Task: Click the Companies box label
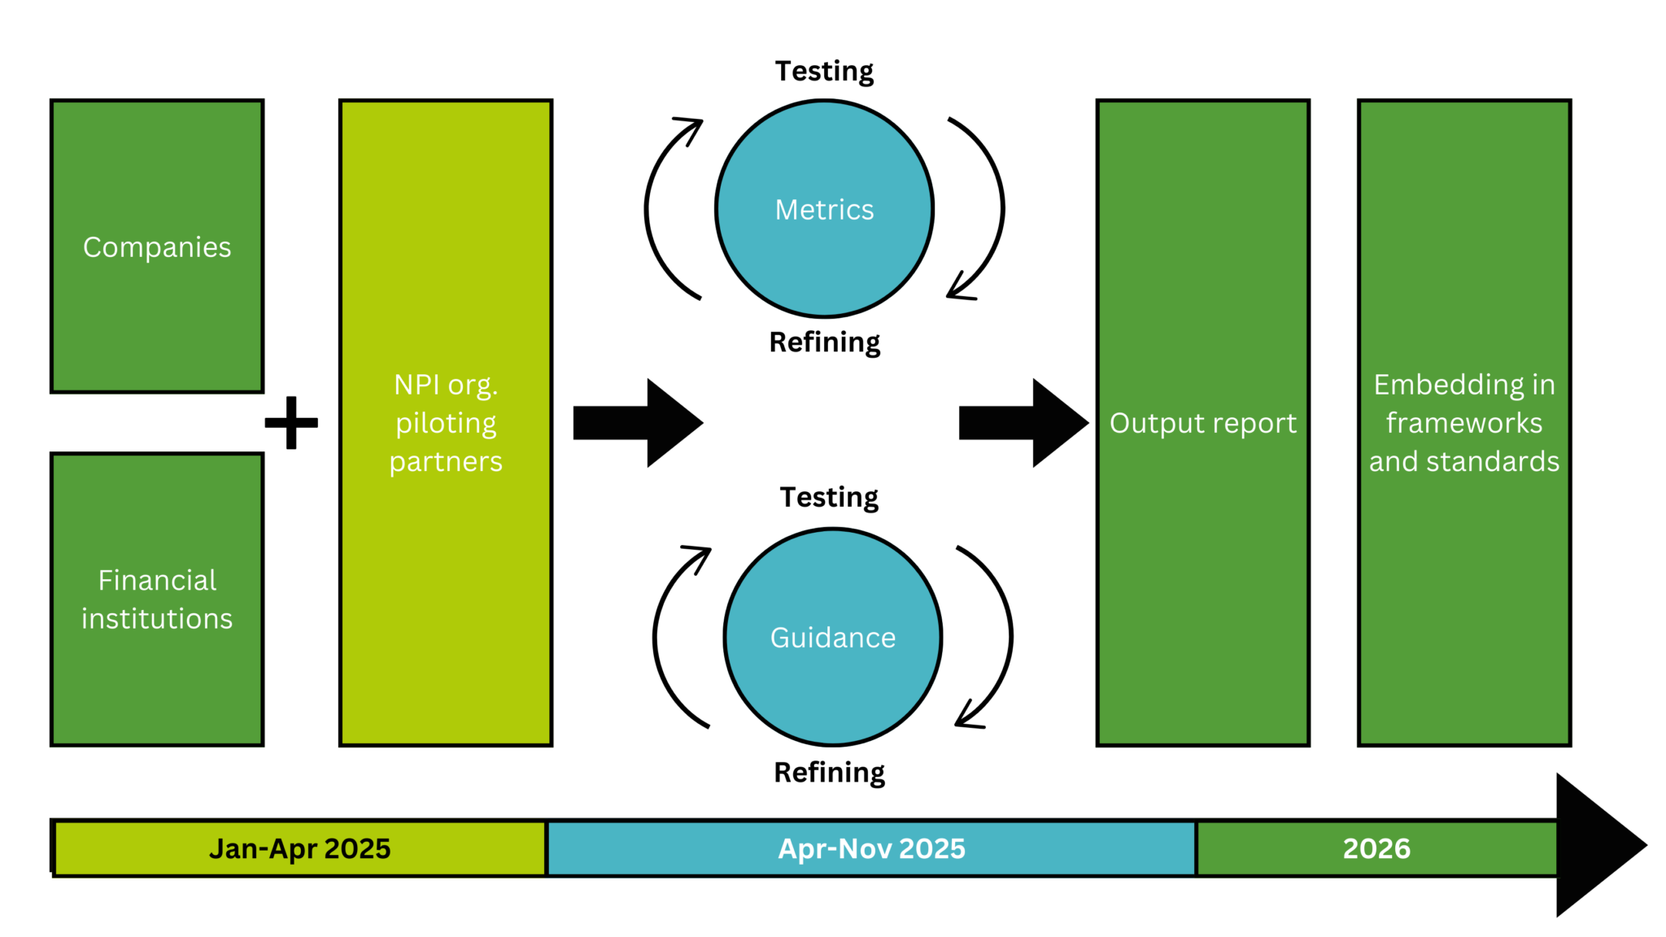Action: (x=157, y=247)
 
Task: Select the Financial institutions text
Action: (x=157, y=599)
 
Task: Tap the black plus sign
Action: (x=291, y=423)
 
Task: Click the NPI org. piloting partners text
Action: (x=446, y=423)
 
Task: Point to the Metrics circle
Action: (x=824, y=209)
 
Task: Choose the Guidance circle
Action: (x=832, y=637)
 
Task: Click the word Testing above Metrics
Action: (x=824, y=72)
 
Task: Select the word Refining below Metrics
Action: (x=824, y=342)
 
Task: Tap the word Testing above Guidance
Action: (x=829, y=497)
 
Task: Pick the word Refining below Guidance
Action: (x=829, y=772)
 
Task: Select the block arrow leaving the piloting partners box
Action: (x=637, y=423)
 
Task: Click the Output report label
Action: (x=1202, y=423)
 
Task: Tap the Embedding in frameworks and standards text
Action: (x=1463, y=423)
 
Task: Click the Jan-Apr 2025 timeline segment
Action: (x=299, y=848)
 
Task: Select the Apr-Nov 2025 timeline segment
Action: (x=871, y=848)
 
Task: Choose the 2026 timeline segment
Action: (x=1376, y=848)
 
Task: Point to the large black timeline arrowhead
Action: (x=1594, y=846)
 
